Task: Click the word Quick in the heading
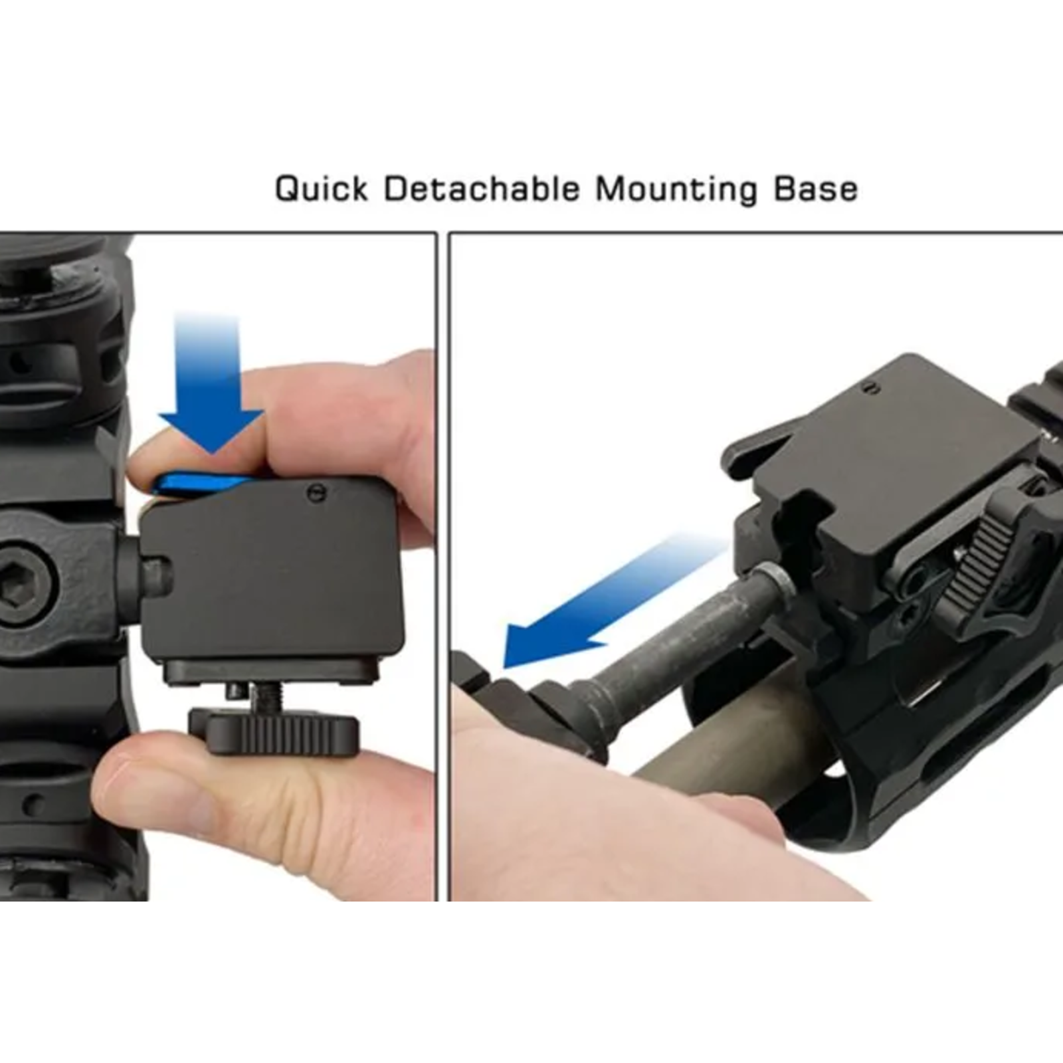(x=321, y=189)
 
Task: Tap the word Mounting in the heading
(x=676, y=189)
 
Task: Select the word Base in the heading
(x=815, y=189)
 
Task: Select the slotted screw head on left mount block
(x=314, y=492)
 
